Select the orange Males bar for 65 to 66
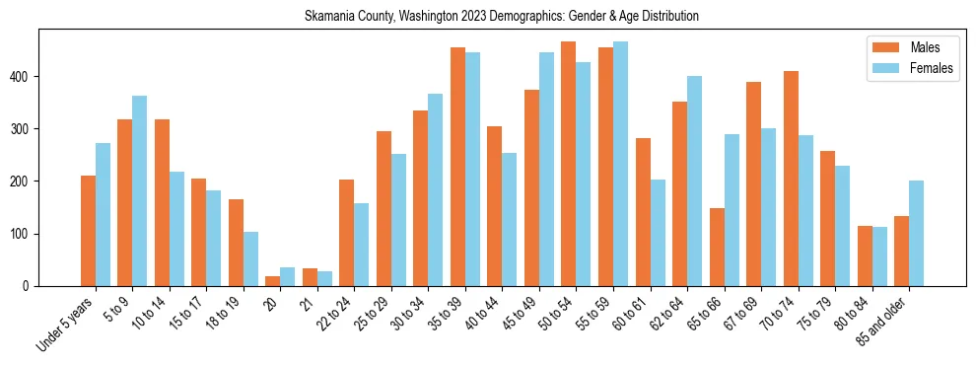pos(717,247)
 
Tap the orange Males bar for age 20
pos(273,281)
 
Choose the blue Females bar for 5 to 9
pos(140,190)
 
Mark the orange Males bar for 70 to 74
pos(791,179)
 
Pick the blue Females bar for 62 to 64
pos(694,181)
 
